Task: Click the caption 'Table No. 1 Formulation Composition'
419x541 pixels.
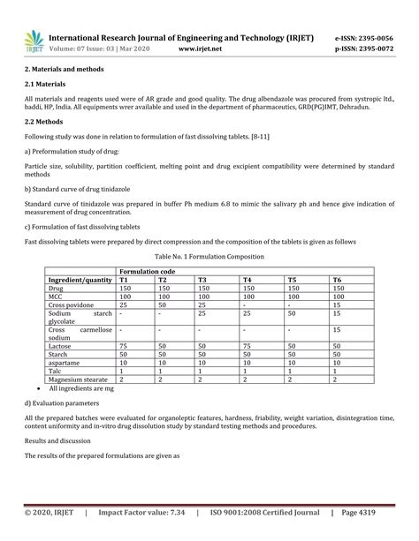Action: (x=209, y=256)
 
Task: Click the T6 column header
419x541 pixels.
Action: (x=337, y=280)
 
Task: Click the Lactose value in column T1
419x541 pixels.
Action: (x=125, y=346)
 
